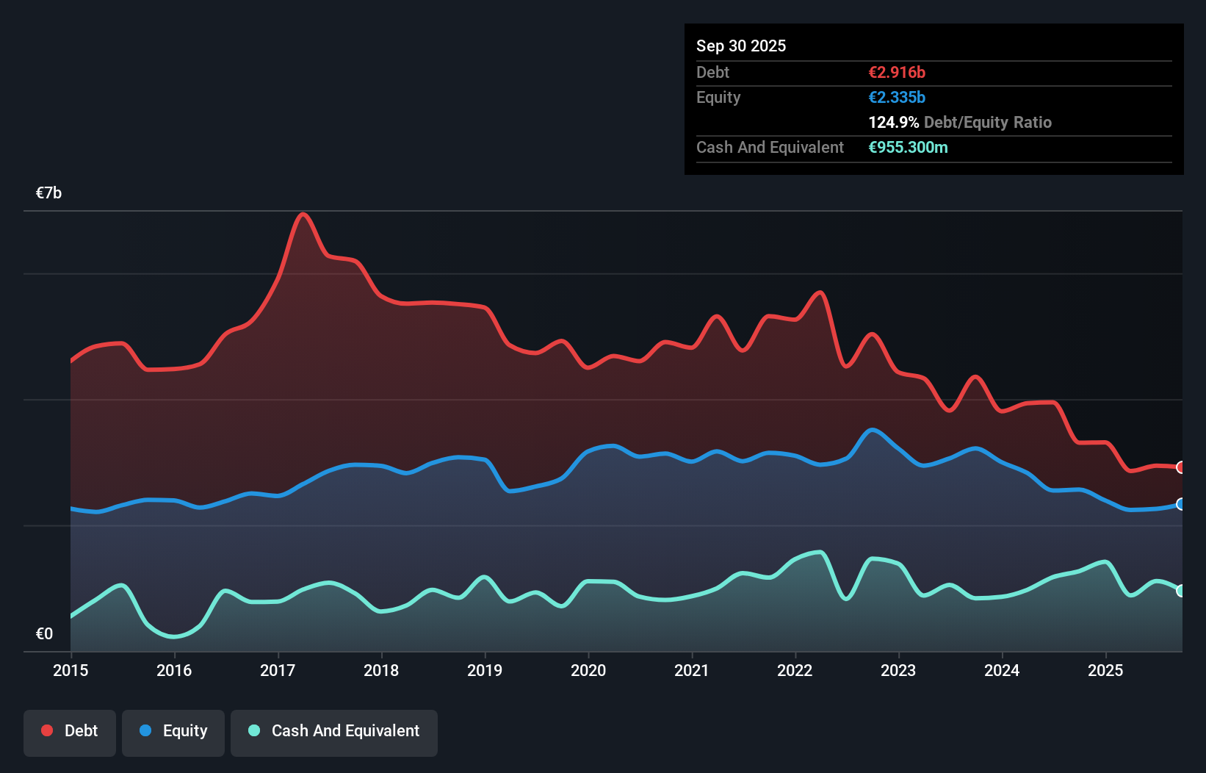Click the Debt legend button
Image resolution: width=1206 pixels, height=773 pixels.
point(69,731)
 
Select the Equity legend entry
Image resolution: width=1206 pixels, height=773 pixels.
point(173,731)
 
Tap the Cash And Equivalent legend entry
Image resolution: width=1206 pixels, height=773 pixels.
point(334,731)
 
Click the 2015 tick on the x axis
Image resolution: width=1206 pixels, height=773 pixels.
point(71,670)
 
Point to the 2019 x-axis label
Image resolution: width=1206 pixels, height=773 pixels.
point(485,670)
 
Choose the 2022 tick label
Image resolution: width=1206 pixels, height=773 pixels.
point(795,670)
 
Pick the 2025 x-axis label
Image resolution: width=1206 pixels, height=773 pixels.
point(1105,670)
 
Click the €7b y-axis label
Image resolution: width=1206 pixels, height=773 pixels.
point(48,193)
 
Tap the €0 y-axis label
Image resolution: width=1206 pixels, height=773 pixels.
point(44,633)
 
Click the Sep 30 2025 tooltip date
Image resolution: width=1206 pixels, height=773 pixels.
point(740,46)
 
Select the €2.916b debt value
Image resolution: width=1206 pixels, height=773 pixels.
point(896,73)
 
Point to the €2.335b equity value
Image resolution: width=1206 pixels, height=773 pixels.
point(896,98)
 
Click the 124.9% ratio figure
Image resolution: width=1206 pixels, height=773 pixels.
point(893,123)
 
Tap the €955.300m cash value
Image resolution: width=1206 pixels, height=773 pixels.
point(908,148)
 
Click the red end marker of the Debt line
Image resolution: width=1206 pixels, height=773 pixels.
point(1180,467)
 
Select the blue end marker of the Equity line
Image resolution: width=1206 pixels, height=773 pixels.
point(1180,504)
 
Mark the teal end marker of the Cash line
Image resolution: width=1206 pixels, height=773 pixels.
point(1180,591)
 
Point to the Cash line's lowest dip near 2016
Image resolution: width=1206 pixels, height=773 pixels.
point(174,636)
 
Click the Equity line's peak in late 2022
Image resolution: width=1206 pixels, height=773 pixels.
point(872,430)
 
